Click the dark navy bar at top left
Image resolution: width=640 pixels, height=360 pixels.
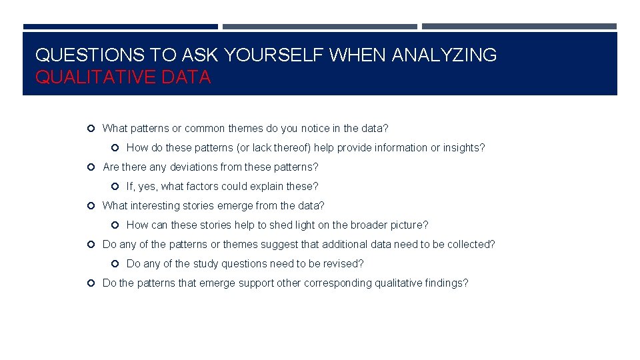click(120, 27)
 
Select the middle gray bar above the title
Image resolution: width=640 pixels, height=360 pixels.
click(319, 27)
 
